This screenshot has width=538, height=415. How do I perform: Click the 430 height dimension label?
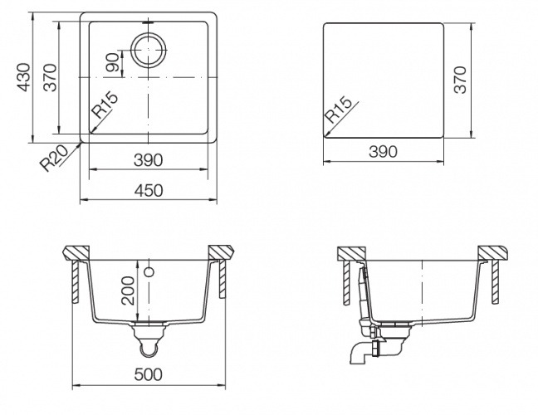(24, 77)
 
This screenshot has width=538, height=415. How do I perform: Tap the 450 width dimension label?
(149, 191)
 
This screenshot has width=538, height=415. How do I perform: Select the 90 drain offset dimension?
(113, 61)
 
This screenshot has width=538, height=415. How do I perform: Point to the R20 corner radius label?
(54, 158)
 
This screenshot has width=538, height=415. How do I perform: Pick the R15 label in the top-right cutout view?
(338, 110)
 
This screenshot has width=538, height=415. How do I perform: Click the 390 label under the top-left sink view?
(149, 160)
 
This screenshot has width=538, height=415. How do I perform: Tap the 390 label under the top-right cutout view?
(384, 152)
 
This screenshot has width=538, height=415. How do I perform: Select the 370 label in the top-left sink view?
(50, 77)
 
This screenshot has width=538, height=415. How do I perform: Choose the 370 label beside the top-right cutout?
(460, 80)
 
